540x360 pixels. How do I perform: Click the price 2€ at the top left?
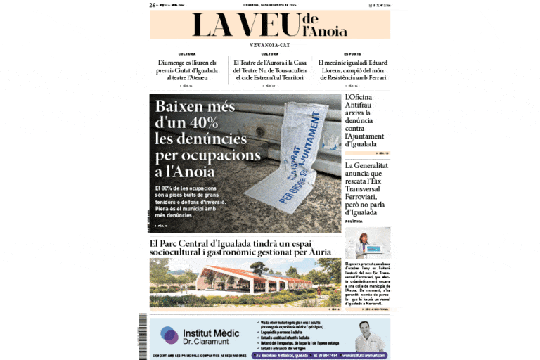pyautogui.click(x=153, y=5)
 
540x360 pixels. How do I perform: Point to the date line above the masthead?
pyautogui.click(x=271, y=5)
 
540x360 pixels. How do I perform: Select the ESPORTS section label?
pyautogui.click(x=352, y=54)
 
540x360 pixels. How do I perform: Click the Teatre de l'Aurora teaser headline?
pyautogui.click(x=270, y=70)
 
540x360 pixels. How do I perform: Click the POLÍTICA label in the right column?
pyautogui.click(x=354, y=221)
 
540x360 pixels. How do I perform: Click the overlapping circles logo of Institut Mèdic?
pyautogui.click(x=169, y=335)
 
